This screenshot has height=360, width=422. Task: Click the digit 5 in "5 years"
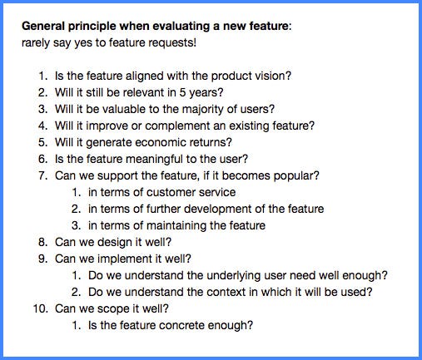(x=182, y=92)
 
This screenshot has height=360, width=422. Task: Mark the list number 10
(x=40, y=308)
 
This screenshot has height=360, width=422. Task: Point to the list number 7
(x=42, y=175)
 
